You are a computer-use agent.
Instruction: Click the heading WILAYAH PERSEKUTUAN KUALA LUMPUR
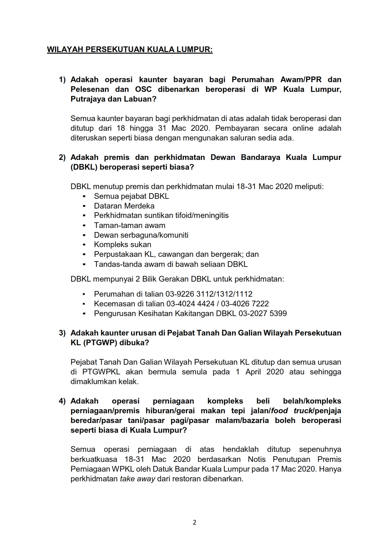click(x=130, y=50)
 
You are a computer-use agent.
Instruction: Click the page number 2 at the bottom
click(x=194, y=522)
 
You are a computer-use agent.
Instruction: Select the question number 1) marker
click(x=62, y=80)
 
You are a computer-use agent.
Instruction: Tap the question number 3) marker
click(x=62, y=333)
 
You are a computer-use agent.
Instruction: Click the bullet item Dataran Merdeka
click(x=124, y=206)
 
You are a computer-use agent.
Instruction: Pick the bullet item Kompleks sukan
click(x=123, y=245)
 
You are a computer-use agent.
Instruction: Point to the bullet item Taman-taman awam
click(x=129, y=225)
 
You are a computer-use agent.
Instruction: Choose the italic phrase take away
click(x=138, y=479)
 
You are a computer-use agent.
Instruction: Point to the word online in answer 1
click(x=303, y=128)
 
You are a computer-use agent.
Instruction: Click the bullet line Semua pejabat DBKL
click(x=131, y=196)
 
